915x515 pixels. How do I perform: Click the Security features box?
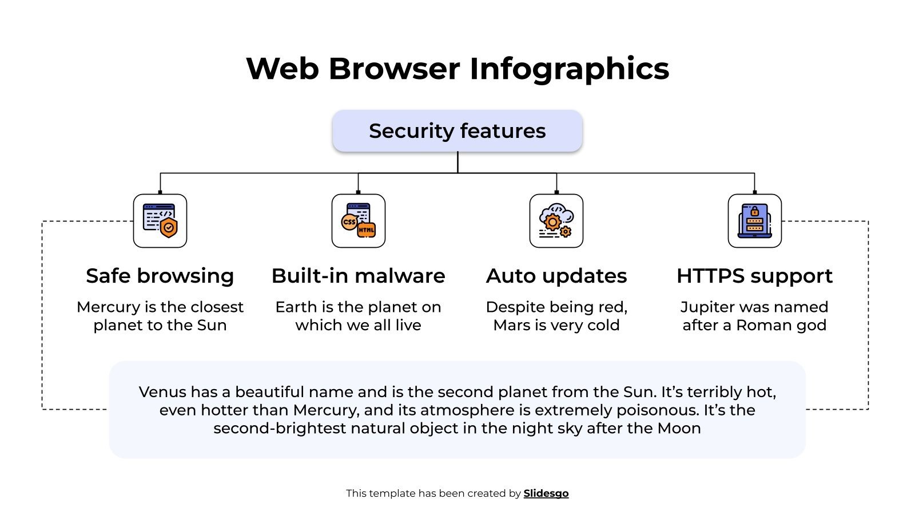[457, 131]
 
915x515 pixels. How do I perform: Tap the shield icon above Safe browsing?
[160, 221]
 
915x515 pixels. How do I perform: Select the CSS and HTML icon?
[359, 221]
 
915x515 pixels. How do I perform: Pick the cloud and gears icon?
[556, 221]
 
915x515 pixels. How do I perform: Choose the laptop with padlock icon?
[754, 221]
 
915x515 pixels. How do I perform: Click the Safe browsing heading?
[160, 276]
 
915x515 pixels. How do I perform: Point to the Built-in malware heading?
[359, 276]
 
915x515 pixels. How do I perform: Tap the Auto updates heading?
[556, 276]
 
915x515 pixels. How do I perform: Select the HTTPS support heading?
[754, 276]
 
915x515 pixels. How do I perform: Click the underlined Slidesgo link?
[546, 493]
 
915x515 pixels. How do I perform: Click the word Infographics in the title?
[569, 69]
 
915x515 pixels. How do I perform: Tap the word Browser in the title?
[394, 69]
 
